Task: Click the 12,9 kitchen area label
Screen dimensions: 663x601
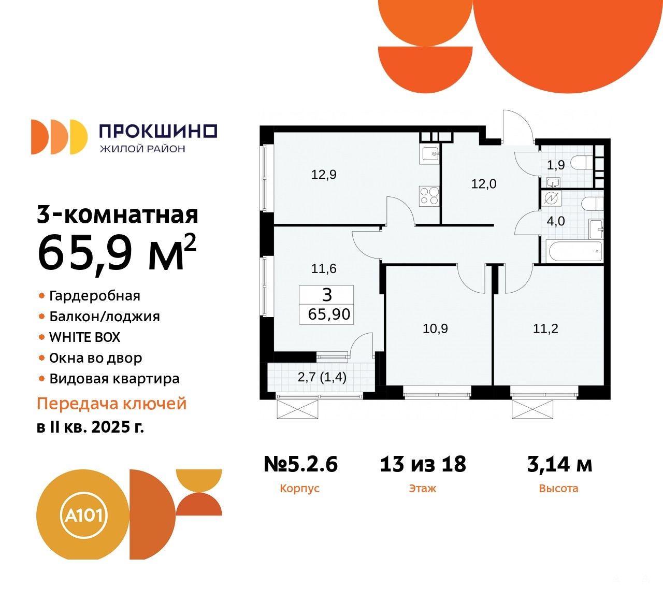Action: point(324,175)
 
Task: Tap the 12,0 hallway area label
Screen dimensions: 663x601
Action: point(484,184)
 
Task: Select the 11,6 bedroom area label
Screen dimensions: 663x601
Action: point(324,269)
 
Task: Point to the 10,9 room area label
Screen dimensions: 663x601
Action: point(435,328)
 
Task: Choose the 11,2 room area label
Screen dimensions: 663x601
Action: point(545,328)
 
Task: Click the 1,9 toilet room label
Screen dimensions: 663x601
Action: point(556,165)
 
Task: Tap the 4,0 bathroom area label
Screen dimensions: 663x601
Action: point(556,221)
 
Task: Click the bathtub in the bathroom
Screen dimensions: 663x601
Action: point(575,252)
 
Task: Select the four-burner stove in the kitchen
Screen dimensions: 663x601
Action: point(429,196)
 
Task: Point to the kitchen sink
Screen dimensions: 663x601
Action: point(429,154)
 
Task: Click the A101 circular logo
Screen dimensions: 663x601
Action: point(83,515)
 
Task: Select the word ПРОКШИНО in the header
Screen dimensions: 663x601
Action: point(158,131)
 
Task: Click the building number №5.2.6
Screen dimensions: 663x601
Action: point(301,464)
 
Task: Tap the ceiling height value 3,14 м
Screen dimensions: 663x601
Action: point(559,464)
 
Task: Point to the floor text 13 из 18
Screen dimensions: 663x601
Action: point(423,464)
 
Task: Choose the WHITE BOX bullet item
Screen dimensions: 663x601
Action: point(84,337)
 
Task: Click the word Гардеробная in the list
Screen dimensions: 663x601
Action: point(94,296)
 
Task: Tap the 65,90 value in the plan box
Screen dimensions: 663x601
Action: point(329,314)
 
